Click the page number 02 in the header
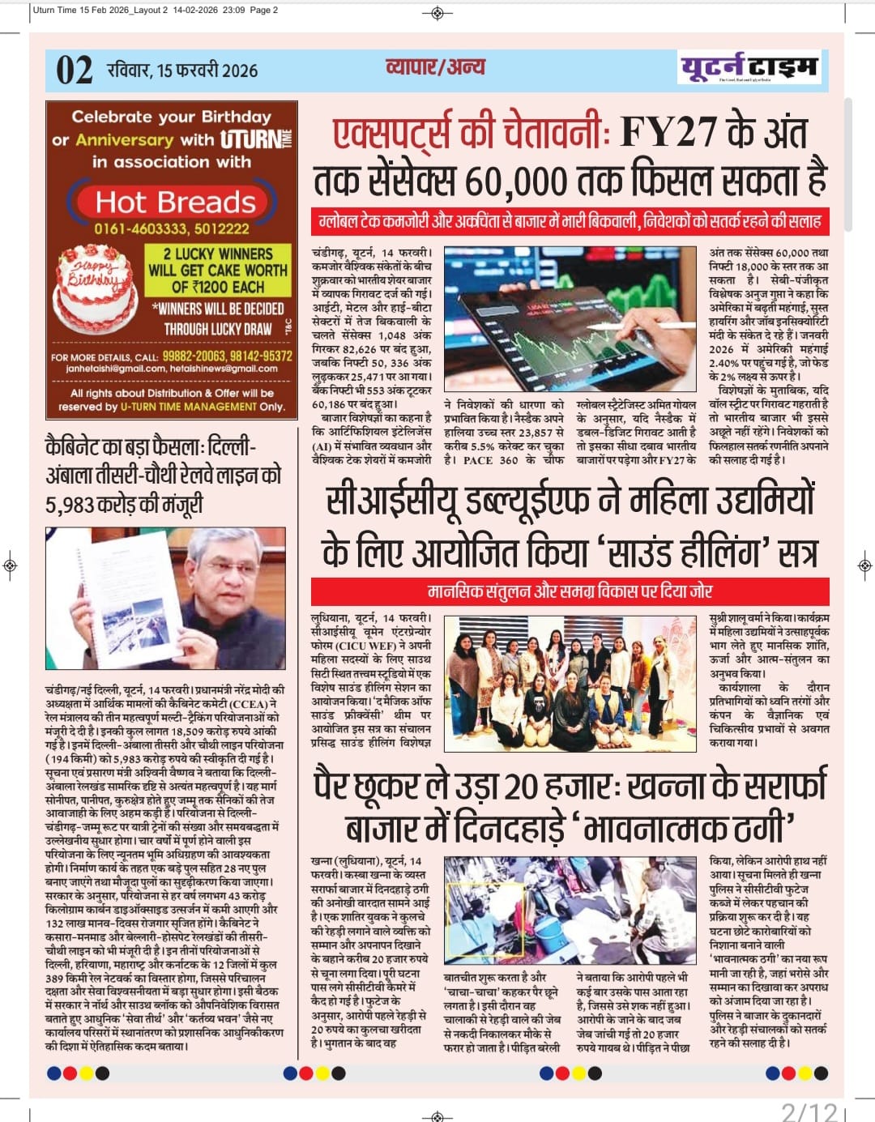click(74, 70)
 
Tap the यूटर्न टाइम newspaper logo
click(749, 67)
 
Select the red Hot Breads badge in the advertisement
click(176, 202)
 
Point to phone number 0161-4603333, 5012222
click(172, 229)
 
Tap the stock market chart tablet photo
click(570, 319)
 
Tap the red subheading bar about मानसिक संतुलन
click(570, 591)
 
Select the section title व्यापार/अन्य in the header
click(436, 66)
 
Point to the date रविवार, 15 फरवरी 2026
click(182, 70)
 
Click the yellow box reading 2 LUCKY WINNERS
click(217, 270)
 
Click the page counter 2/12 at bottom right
click(809, 1111)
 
